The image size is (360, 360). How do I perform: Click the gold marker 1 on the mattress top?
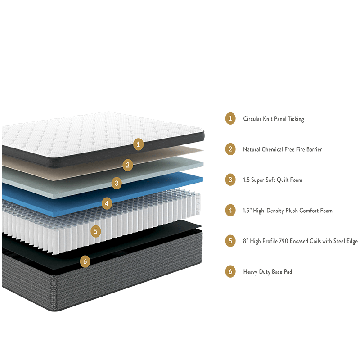tap(138, 144)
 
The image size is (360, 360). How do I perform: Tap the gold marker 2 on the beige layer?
tap(128, 165)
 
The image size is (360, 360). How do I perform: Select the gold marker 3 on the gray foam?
tap(117, 183)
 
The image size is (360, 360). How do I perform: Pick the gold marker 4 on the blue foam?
tap(107, 203)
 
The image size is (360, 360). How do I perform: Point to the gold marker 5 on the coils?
tap(96, 231)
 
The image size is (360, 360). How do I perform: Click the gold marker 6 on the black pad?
tap(85, 261)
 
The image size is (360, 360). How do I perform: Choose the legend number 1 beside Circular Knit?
tap(230, 118)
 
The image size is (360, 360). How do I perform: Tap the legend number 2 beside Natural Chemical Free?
tap(230, 149)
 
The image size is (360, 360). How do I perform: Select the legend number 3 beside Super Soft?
tap(230, 180)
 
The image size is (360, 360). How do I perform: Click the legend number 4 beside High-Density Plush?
tap(230, 210)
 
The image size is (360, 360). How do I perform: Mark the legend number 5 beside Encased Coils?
tap(230, 241)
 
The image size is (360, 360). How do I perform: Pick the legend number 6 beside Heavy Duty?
tap(230, 272)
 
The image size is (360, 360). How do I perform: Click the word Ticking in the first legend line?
tap(296, 119)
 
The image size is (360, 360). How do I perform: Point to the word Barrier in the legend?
tap(314, 149)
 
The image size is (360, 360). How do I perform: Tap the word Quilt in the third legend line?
tap(283, 180)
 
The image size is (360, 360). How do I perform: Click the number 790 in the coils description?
tap(283, 241)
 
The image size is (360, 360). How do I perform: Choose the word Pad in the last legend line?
tap(288, 272)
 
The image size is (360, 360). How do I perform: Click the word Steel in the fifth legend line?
tap(339, 241)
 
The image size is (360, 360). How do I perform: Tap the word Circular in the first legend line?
tap(252, 119)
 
